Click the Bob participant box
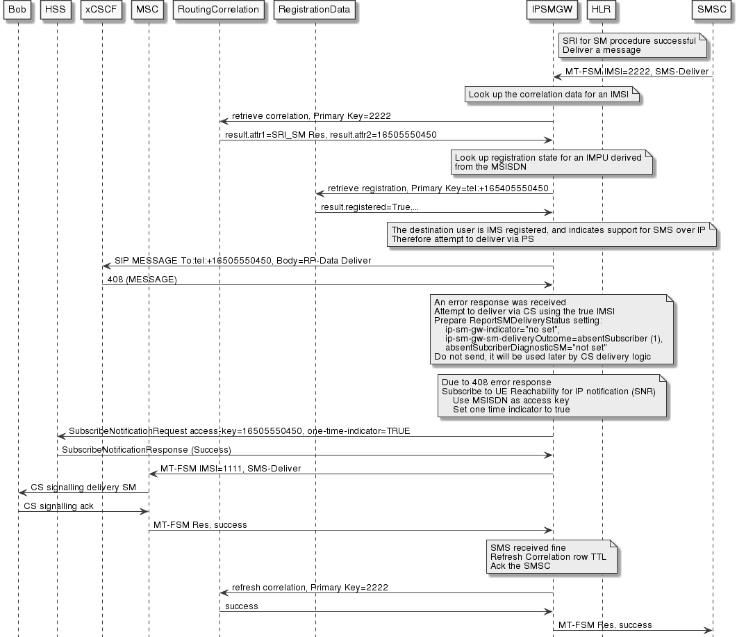(18, 10)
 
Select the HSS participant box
(57, 10)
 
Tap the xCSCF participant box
(102, 10)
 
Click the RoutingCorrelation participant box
(219, 10)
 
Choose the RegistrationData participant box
(315, 10)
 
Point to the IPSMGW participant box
(553, 10)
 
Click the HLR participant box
(602, 10)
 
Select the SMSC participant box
(713, 10)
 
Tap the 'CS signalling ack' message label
(58, 506)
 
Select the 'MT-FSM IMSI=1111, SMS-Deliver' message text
(231, 469)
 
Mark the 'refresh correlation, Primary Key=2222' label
(310, 588)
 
